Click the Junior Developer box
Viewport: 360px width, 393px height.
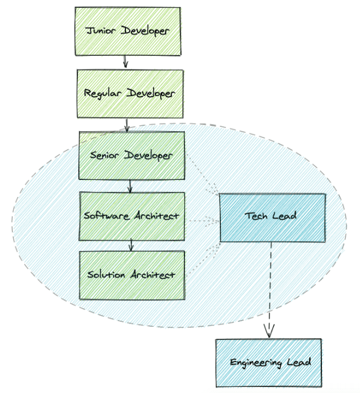tap(128, 30)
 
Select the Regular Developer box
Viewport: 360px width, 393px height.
tap(129, 93)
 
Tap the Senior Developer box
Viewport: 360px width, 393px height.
tap(131, 155)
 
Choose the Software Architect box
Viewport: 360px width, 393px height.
tap(131, 216)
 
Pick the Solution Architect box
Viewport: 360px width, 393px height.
tap(131, 275)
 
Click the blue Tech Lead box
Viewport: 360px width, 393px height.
tap(272, 217)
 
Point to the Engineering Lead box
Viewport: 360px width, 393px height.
tap(270, 362)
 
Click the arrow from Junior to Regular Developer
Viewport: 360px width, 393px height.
tap(126, 60)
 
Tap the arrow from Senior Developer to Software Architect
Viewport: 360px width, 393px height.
tap(130, 185)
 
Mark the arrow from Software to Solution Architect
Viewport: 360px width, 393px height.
tap(130, 245)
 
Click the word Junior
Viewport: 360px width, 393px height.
tap(102, 31)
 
